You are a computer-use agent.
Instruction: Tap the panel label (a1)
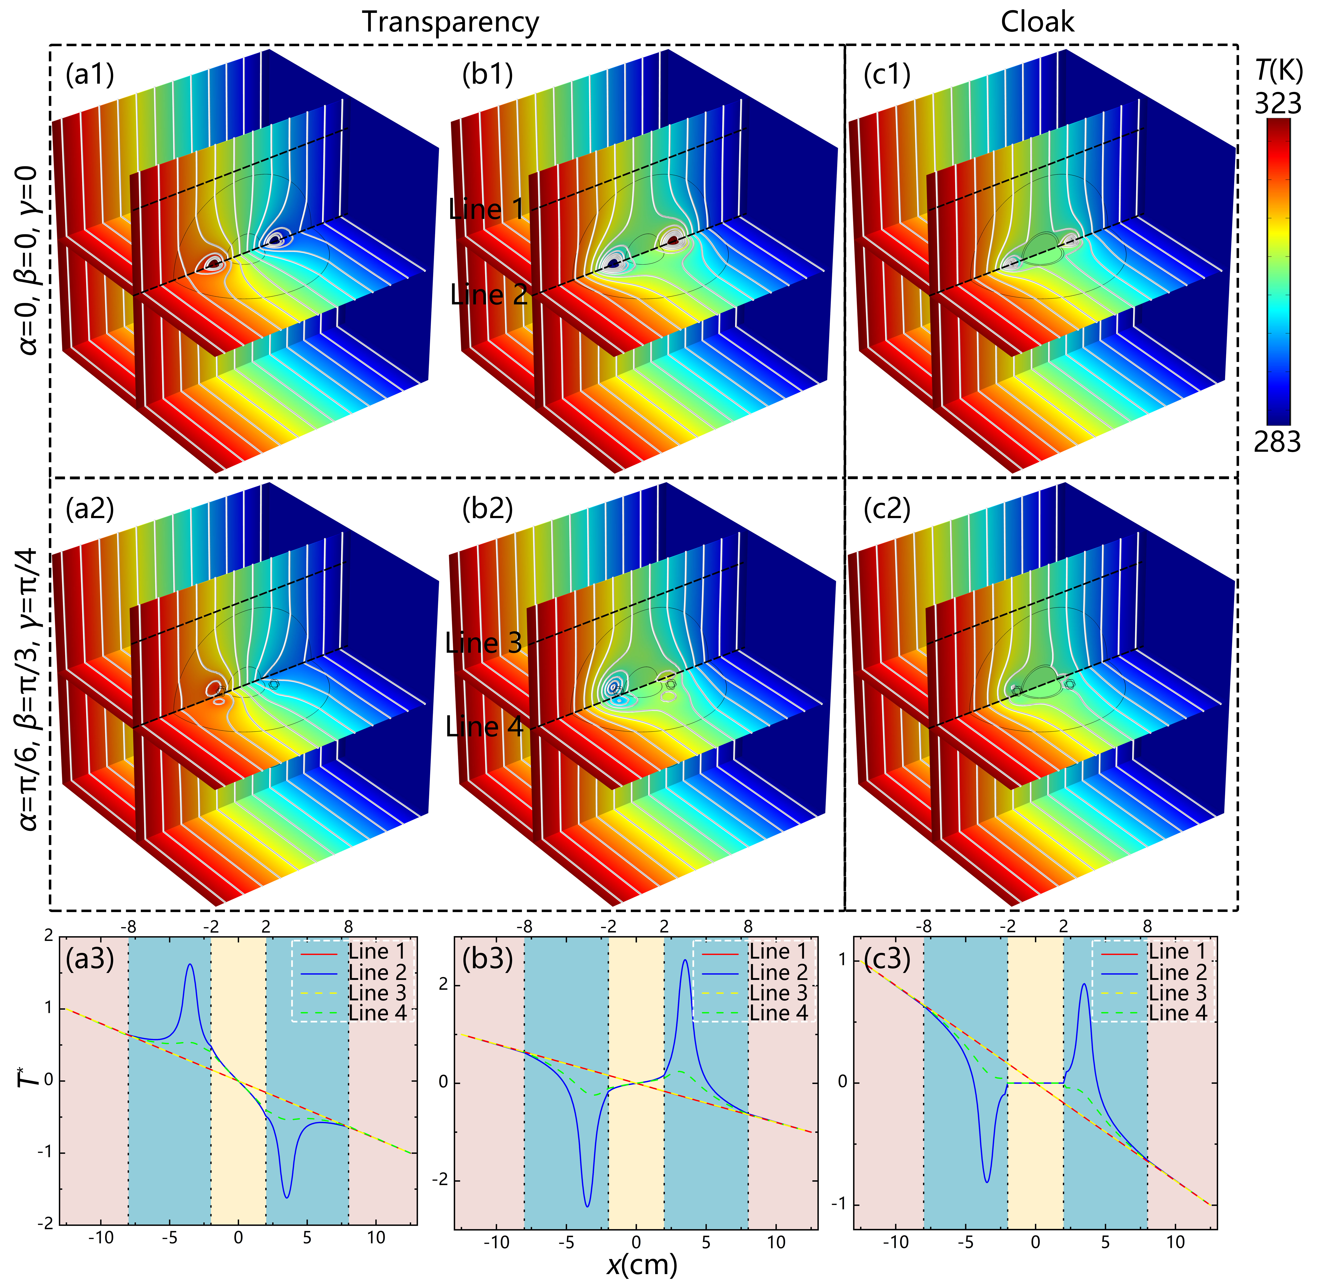click(x=90, y=74)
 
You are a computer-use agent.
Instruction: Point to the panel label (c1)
click(x=887, y=74)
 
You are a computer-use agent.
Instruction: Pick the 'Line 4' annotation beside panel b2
click(x=484, y=727)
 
